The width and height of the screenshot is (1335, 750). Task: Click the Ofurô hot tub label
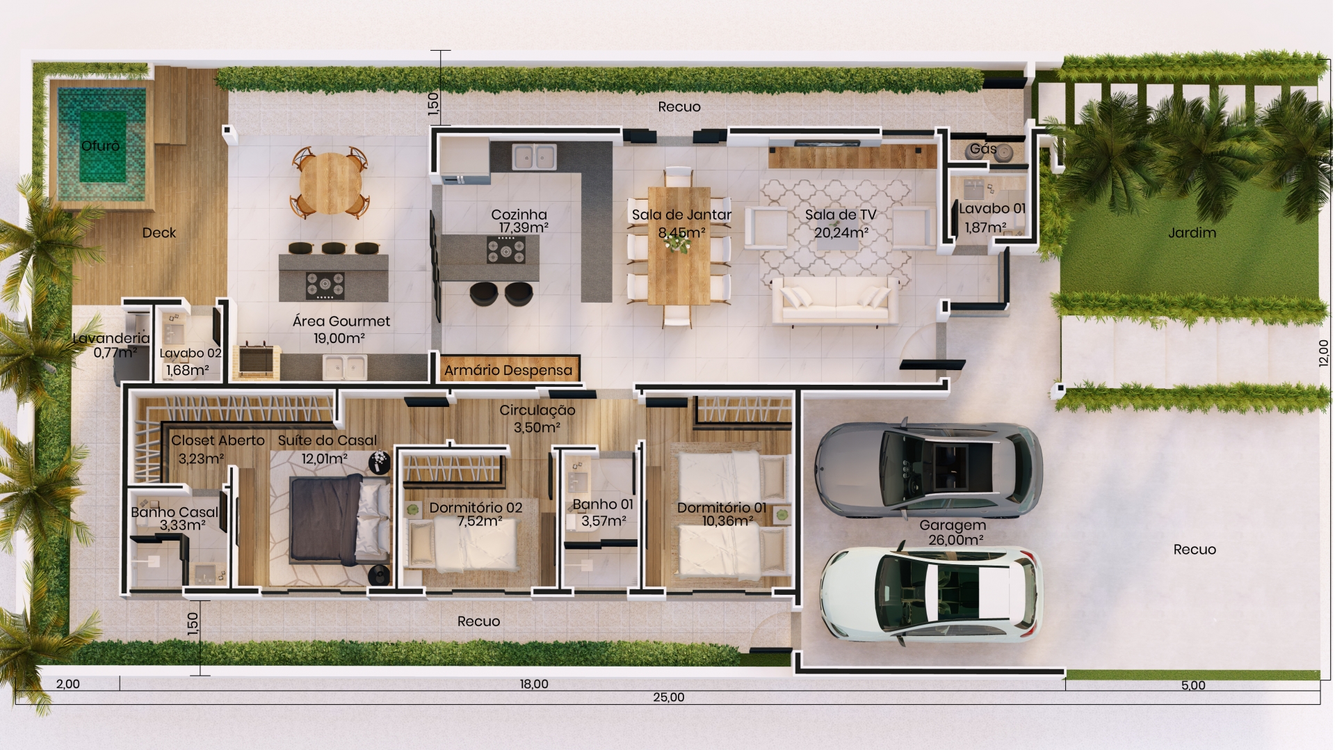pos(101,145)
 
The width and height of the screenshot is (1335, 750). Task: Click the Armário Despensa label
pos(508,370)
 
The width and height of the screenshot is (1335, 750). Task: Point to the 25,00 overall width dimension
pos(668,697)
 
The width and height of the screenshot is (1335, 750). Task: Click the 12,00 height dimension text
pos(1325,352)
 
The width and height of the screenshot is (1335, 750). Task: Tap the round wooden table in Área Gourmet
pos(330,182)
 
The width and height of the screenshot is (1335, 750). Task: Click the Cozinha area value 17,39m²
pos(524,228)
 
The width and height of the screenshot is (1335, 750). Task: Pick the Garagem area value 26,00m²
pos(955,540)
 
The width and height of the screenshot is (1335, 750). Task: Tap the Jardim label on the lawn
pos(1192,233)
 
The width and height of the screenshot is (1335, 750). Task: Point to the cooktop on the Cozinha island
pos(506,250)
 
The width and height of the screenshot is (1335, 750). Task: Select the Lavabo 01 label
pos(992,208)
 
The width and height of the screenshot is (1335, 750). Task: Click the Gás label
pos(983,148)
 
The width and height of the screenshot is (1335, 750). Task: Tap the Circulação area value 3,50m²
pos(537,427)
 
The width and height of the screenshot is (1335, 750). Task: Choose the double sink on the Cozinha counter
pos(534,157)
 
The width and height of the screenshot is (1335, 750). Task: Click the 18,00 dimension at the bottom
pos(534,684)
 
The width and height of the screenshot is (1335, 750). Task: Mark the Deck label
pos(159,233)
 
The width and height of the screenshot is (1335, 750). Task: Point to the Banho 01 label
pos(603,504)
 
